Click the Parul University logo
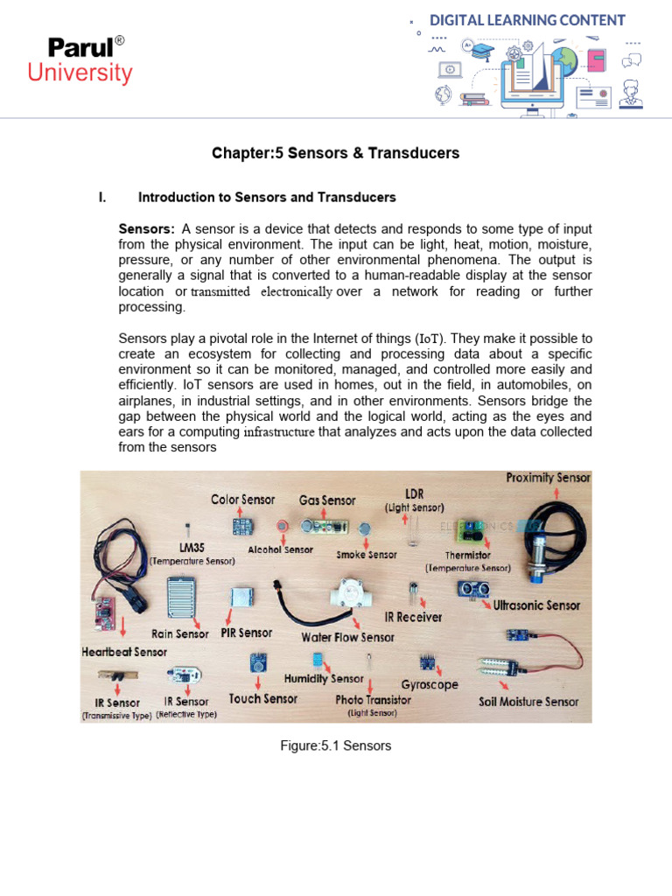80,60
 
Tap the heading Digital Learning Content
527,20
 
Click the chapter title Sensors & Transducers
335,153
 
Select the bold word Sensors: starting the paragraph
147,228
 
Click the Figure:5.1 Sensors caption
336,745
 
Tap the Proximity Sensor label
548,478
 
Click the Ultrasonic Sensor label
536,605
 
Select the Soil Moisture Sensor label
528,702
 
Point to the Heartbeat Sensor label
124,652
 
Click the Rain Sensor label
180,633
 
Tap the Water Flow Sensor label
348,637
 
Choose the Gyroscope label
430,684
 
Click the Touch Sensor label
262,698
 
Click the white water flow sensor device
358,595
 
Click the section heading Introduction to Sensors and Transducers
267,198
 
